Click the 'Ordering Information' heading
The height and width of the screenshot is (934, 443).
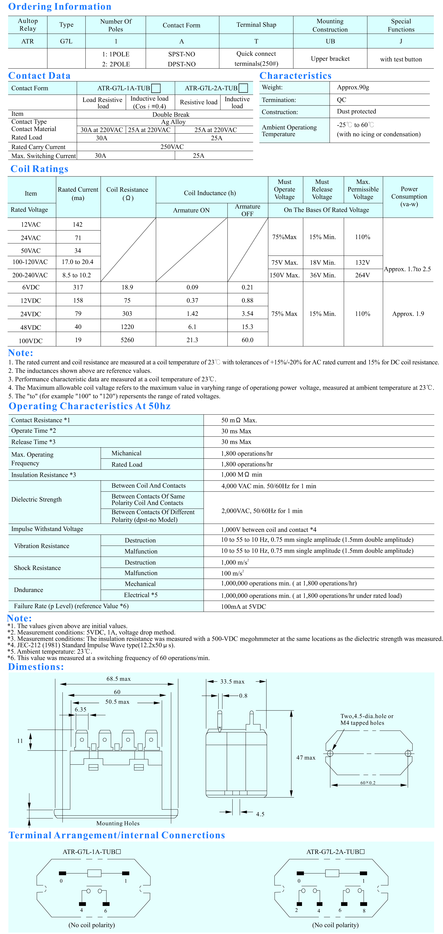click(60, 7)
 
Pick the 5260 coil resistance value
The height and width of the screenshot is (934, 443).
click(127, 340)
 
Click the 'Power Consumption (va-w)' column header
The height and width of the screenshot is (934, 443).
click(409, 197)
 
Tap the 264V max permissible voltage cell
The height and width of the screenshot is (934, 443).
click(362, 275)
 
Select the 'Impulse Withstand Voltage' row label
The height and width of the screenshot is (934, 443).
click(47, 529)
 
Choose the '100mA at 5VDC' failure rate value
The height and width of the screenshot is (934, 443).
click(244, 607)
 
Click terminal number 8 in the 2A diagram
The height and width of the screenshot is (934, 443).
click(364, 910)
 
